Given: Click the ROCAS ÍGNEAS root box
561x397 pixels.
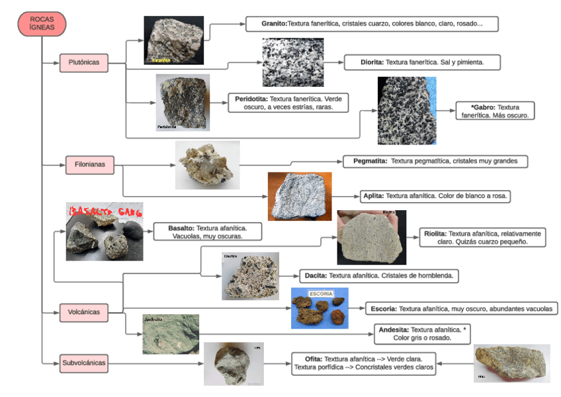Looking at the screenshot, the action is tap(42, 24).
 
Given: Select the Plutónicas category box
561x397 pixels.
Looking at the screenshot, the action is tap(83, 63).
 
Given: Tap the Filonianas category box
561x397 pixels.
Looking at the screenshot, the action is tap(90, 164).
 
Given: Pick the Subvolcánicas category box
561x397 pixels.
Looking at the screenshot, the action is tap(83, 363).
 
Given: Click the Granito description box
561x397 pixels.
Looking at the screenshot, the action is tap(371, 24).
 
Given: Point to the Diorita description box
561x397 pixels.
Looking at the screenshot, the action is tap(421, 62).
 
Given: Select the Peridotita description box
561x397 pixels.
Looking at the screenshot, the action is tap(288, 102).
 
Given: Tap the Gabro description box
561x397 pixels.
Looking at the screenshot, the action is tap(495, 111).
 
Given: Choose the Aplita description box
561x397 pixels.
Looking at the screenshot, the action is tap(437, 196).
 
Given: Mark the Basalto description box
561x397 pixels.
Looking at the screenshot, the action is tap(208, 231).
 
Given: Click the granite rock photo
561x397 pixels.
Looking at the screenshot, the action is tap(173, 40).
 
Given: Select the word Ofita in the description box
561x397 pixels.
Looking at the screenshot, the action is tap(309, 359).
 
